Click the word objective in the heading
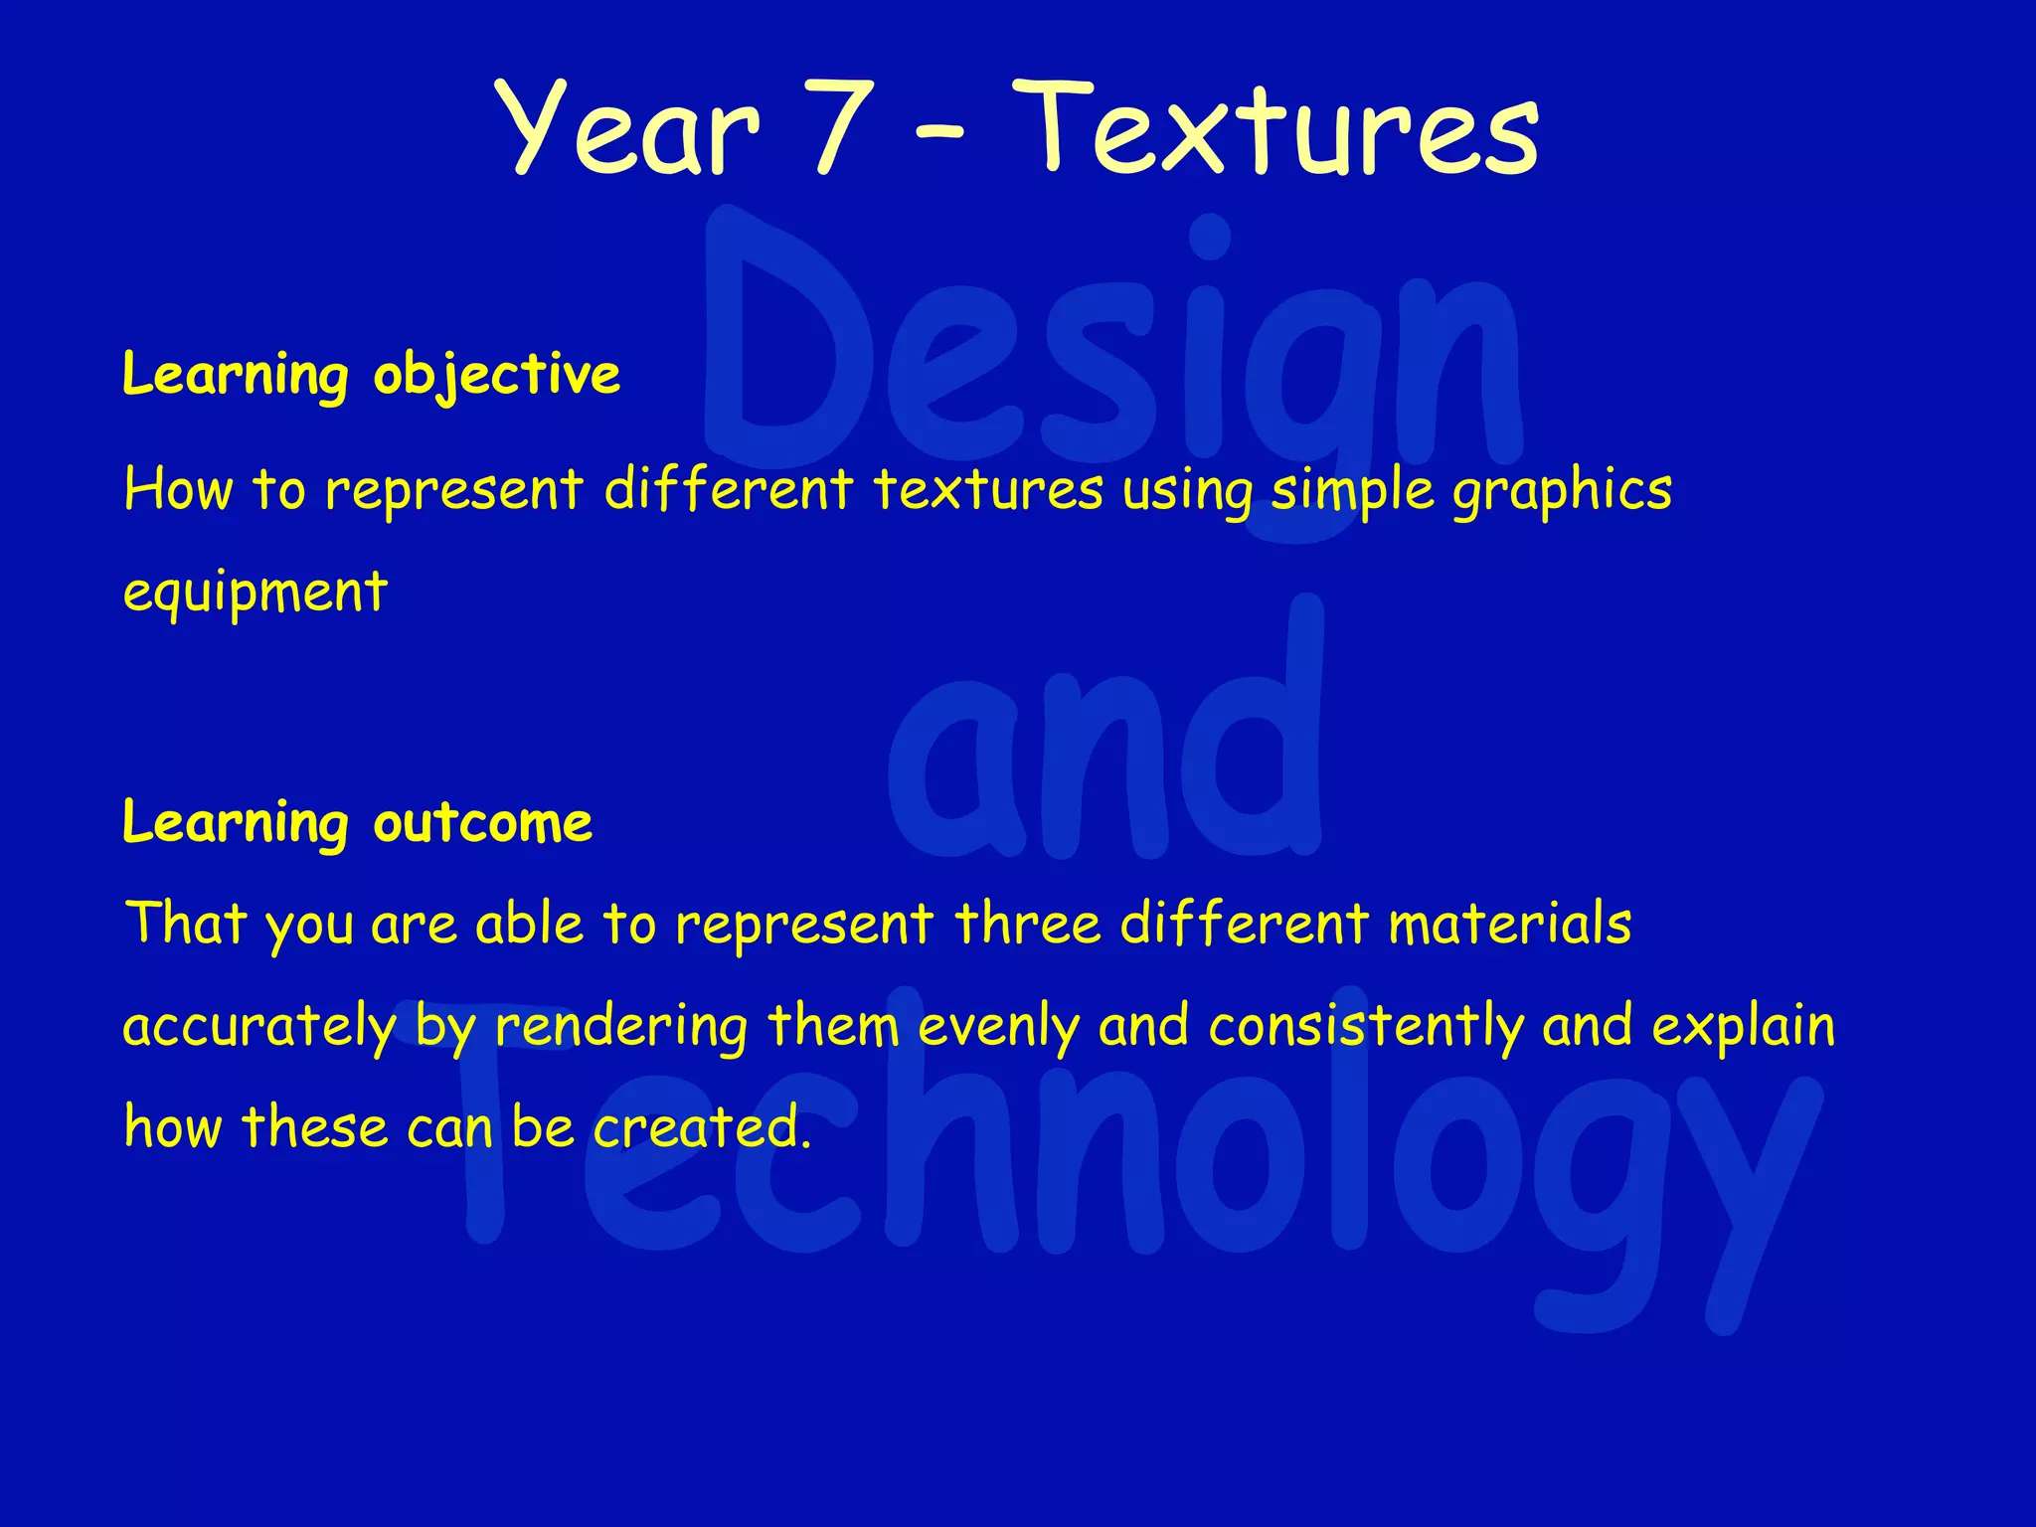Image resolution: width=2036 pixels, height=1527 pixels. coord(497,376)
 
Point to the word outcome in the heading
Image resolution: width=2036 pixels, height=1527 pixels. coord(483,824)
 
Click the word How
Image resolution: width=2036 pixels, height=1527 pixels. coord(178,490)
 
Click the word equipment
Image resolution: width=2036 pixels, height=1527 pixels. coord(254,594)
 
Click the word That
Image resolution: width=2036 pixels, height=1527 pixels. coord(186,924)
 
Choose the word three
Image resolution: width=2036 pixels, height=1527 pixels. coord(1028,924)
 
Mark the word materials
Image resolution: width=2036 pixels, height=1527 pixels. coord(1509,924)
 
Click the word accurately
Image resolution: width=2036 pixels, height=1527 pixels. coord(258,1027)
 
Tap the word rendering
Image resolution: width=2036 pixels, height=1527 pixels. coord(621,1027)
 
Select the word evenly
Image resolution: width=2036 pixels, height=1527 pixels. coord(998,1027)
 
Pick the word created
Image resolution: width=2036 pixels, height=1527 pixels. coord(702,1127)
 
